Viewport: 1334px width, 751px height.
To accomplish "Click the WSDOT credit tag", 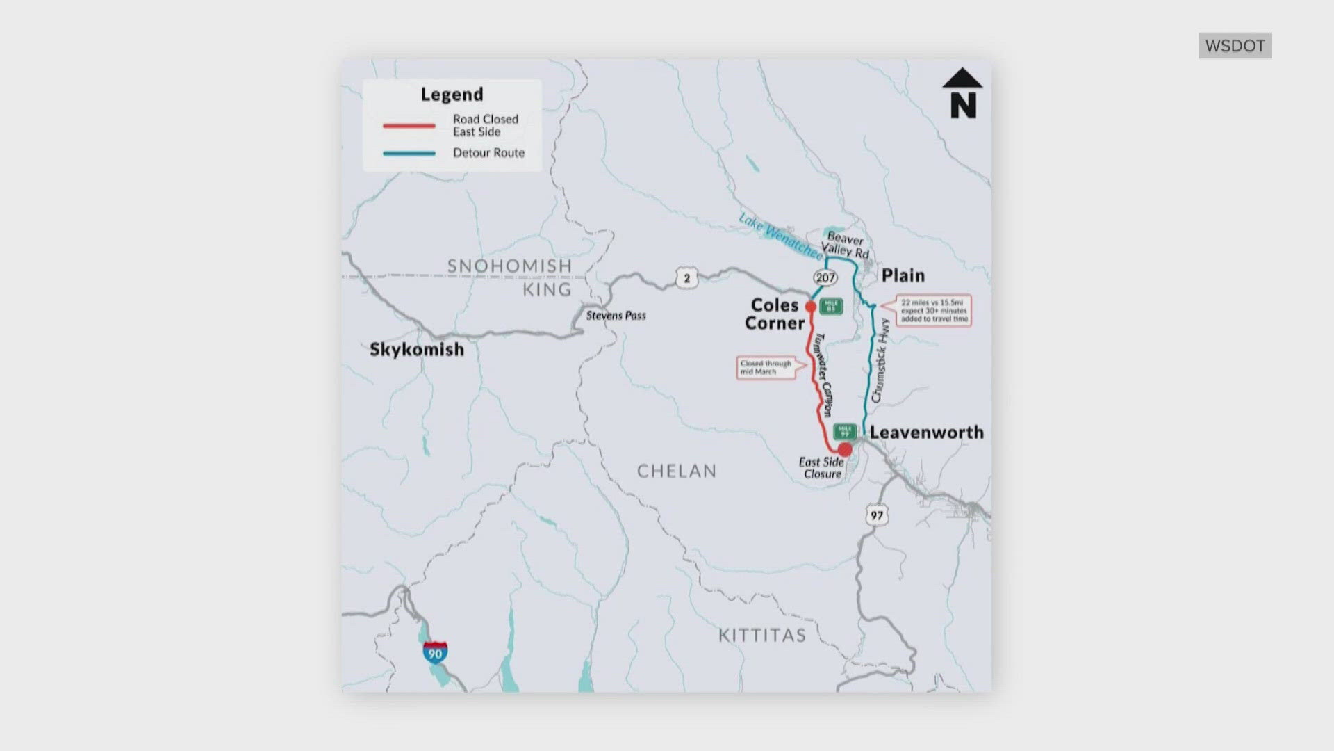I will click(1235, 46).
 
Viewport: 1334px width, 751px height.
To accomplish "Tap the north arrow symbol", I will click(962, 92).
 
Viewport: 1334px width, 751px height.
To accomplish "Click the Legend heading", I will click(452, 95).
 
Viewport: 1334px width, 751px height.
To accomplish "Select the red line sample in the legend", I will click(409, 126).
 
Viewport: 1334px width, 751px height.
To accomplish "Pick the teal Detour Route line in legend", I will click(409, 153).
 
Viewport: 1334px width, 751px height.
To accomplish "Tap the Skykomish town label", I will click(417, 349).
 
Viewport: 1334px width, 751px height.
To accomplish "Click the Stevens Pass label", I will click(616, 316).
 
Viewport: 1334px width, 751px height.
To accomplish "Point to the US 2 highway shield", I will click(686, 278).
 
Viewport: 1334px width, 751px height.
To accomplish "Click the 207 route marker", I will click(825, 278).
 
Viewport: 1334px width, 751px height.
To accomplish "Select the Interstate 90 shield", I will click(435, 652).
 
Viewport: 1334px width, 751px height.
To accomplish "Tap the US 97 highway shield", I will click(877, 515).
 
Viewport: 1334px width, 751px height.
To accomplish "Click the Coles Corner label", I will click(774, 314).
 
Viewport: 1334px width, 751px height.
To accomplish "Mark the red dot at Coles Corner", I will click(810, 307).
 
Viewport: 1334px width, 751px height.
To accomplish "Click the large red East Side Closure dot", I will click(845, 449).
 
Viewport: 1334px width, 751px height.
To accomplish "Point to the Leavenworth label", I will click(926, 433).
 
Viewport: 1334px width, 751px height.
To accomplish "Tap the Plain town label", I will click(903, 275).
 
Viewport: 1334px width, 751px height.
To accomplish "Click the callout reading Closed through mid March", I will click(766, 368).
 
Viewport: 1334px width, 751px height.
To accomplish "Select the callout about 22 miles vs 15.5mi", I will click(934, 311).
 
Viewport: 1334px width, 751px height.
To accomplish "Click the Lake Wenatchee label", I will click(780, 235).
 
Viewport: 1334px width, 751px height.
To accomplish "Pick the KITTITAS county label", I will click(761, 636).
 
